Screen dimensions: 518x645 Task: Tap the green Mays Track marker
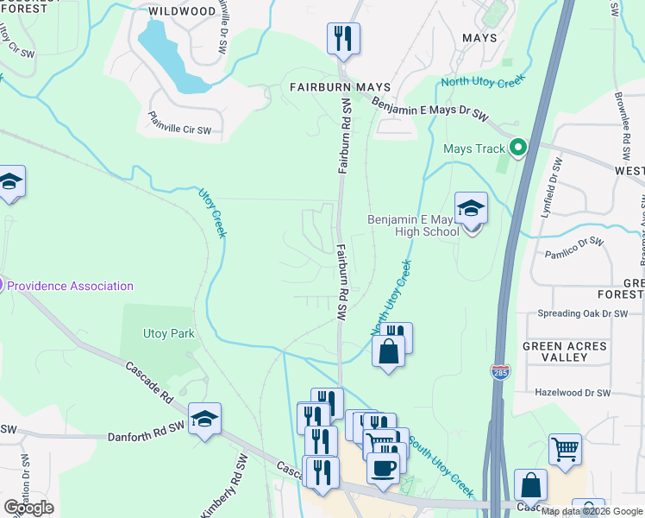(518, 148)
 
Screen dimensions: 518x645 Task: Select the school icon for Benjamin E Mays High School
(471, 210)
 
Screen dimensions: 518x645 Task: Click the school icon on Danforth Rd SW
(204, 420)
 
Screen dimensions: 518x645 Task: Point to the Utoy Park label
(169, 333)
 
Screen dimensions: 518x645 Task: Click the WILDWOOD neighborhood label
(182, 11)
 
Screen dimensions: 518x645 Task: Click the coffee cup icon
(382, 467)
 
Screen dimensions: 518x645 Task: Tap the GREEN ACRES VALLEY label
(565, 352)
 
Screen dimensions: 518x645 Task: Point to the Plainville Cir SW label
(179, 123)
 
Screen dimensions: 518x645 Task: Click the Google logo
(28, 508)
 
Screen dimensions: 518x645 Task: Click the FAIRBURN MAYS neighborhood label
(340, 87)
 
